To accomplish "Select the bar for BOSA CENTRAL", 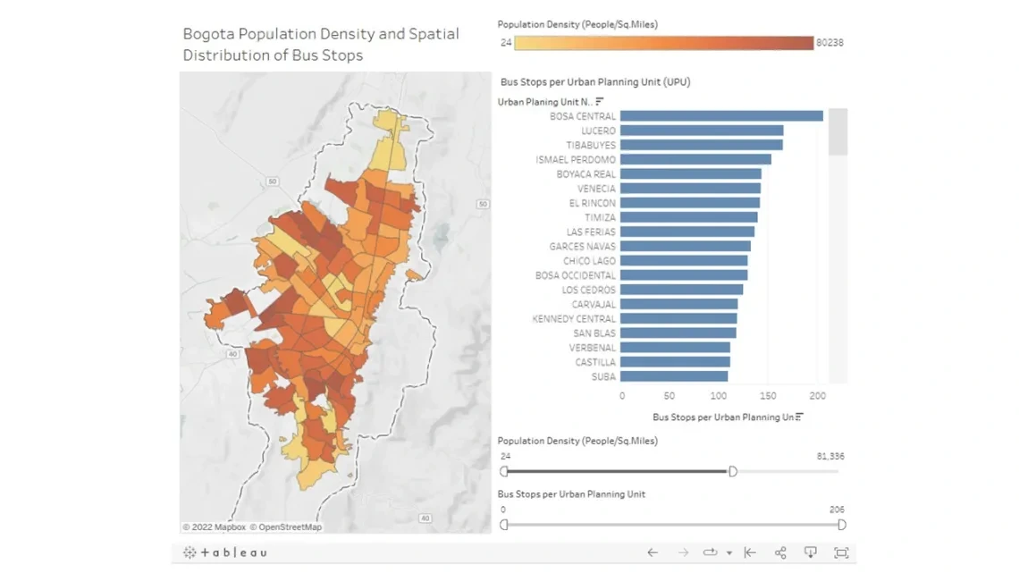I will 720,116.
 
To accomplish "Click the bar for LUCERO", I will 701,131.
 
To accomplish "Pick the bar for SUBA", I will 673,377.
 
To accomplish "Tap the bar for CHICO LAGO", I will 683,261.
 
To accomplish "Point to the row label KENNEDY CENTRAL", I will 573,319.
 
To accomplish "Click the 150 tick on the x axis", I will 768,395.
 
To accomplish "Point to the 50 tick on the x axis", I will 670,395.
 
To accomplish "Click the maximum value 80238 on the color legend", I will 830,43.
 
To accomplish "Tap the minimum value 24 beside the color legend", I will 506,43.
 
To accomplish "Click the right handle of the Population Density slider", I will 733,471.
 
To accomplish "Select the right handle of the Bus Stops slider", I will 842,525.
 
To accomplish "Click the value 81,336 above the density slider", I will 830,457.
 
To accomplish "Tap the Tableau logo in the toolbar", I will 224,552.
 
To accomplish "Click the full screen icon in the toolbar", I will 840,552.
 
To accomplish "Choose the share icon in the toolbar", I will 780,552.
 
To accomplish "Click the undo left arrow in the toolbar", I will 653,552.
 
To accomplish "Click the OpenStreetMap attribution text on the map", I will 285,527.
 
